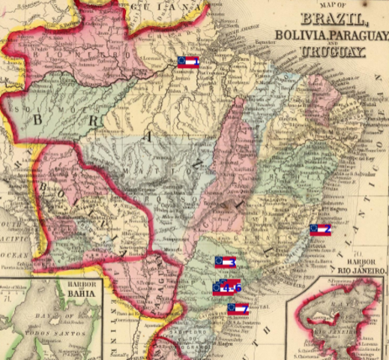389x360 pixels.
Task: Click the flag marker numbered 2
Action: pyautogui.click(x=320, y=229)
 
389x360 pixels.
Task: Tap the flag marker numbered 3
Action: pyautogui.click(x=226, y=262)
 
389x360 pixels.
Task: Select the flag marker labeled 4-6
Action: pyautogui.click(x=227, y=286)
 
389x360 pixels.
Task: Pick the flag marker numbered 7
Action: pyautogui.click(x=238, y=308)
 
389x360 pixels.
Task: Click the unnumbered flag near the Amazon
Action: pyautogui.click(x=187, y=61)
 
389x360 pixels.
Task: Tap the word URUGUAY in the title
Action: pyautogui.click(x=332, y=52)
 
